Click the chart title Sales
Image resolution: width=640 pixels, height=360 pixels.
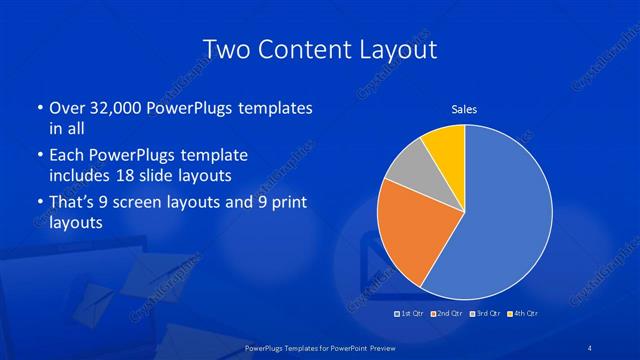[x=464, y=109]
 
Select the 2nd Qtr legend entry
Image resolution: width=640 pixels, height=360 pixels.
[x=448, y=315]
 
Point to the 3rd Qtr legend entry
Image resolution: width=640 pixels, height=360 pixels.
[x=485, y=315]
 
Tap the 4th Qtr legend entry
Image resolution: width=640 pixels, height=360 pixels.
[x=522, y=315]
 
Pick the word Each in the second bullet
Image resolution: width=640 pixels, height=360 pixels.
[x=67, y=156]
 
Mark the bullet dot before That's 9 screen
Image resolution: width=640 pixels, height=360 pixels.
[x=39, y=204]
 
